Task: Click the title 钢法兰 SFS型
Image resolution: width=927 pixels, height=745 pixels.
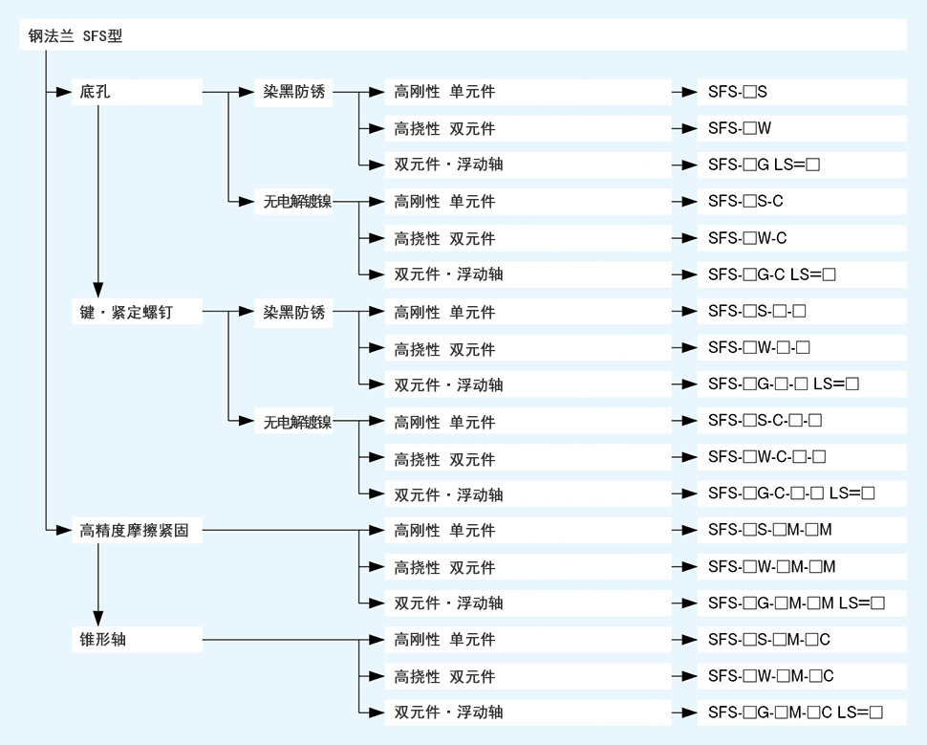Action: tap(75, 35)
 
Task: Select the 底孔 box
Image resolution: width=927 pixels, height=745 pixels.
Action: tap(138, 92)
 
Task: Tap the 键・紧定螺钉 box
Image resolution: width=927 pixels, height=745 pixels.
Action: tap(138, 311)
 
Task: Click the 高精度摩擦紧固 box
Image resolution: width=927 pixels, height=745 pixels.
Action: tap(138, 530)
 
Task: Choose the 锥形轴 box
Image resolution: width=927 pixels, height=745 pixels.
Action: tap(138, 640)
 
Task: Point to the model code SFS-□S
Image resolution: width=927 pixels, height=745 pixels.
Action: tap(737, 92)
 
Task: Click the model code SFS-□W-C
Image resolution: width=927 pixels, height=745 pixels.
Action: tap(747, 238)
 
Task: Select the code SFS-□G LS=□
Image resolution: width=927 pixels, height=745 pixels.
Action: tap(764, 164)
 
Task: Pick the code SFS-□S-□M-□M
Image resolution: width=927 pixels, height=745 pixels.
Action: tap(769, 530)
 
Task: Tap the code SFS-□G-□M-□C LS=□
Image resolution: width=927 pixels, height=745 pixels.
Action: tap(796, 712)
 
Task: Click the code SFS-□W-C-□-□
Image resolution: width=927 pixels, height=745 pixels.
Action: tap(766, 457)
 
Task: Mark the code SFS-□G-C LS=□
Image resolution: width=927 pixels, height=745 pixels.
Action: tap(772, 274)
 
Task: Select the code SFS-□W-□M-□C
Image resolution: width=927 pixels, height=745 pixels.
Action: tap(771, 676)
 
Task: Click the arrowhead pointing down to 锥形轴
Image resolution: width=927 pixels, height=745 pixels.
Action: tap(98, 619)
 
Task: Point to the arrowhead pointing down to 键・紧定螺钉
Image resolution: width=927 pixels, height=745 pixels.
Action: tap(98, 290)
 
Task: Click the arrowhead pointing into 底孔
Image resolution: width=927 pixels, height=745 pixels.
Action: tap(64, 92)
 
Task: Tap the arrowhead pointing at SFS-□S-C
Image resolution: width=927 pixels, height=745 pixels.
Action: tap(689, 201)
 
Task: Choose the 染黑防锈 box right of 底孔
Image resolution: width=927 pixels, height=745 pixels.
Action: tap(293, 92)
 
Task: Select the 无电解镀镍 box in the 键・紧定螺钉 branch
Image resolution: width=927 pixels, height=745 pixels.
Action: tap(293, 421)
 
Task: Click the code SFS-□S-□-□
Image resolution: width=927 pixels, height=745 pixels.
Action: tap(757, 311)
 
